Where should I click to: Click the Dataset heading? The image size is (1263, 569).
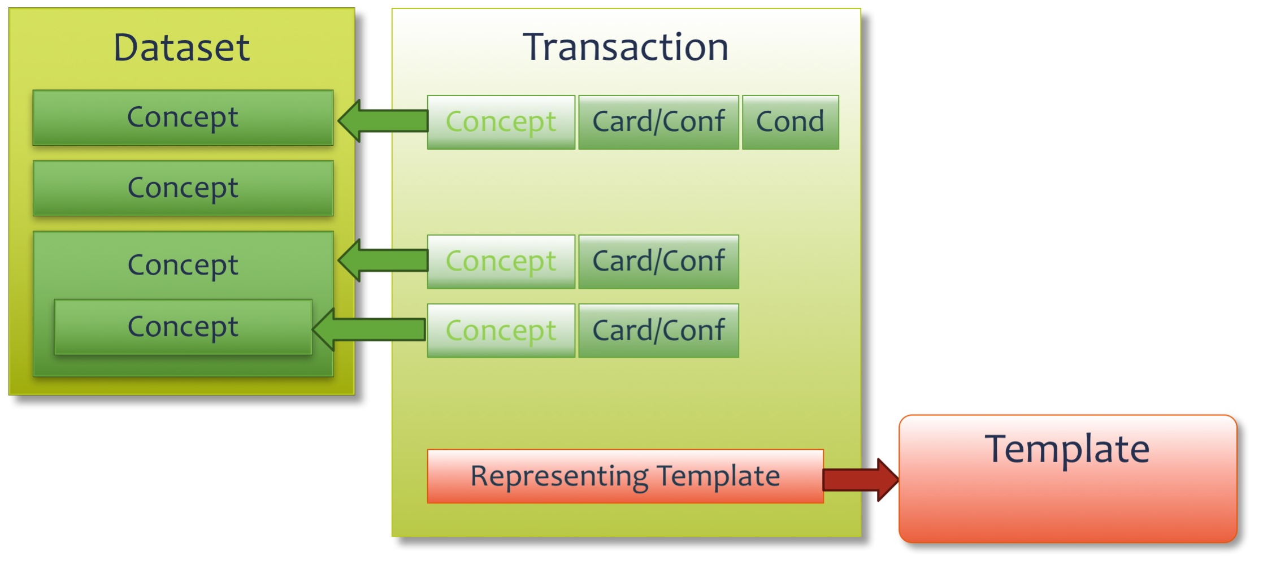pyautogui.click(x=181, y=47)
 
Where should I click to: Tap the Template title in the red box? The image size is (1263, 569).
pyautogui.click(x=1067, y=449)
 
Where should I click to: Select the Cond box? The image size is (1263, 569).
pyautogui.click(x=791, y=122)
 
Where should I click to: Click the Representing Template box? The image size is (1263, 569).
pyautogui.click(x=625, y=476)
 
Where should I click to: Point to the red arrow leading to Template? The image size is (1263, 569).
pyautogui.click(x=860, y=480)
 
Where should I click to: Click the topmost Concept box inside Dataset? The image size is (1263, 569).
pyautogui.click(x=183, y=118)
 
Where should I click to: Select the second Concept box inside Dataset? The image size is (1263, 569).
pyautogui.click(x=183, y=188)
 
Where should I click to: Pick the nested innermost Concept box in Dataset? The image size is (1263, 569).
pyautogui.click(x=183, y=327)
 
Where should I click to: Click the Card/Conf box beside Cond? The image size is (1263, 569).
pyautogui.click(x=658, y=122)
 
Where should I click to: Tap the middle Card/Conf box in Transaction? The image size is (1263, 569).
pyautogui.click(x=658, y=262)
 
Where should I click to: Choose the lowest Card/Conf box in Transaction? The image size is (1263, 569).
pyautogui.click(x=658, y=331)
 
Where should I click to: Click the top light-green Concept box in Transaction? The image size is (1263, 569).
pyautogui.click(x=501, y=122)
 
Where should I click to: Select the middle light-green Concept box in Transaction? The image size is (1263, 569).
pyautogui.click(x=501, y=262)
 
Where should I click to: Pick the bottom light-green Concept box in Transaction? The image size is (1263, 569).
pyautogui.click(x=501, y=331)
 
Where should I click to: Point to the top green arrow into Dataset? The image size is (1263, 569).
pyautogui.click(x=383, y=121)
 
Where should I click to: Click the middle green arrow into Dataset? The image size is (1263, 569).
pyautogui.click(x=383, y=260)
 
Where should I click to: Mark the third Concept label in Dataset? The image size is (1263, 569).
pyautogui.click(x=183, y=266)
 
